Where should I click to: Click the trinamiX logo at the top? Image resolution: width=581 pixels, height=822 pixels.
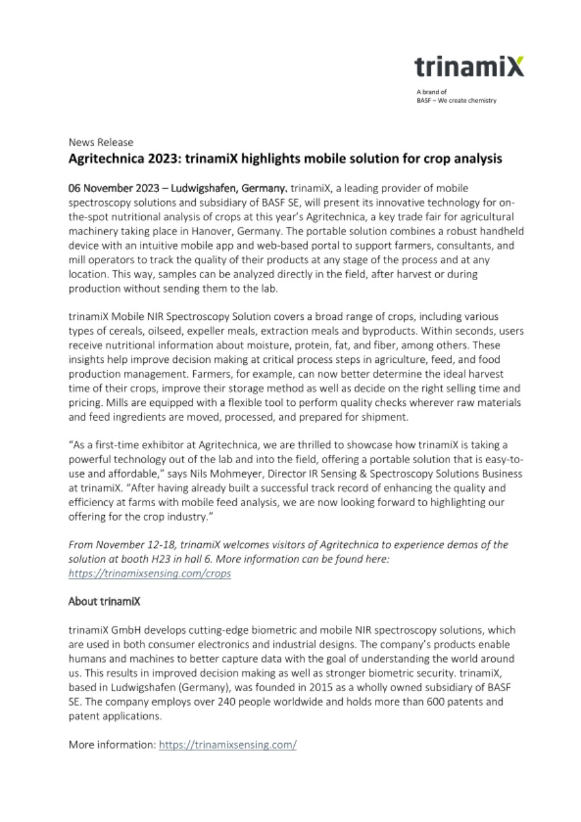(469, 66)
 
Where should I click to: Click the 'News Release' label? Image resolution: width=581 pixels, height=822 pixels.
(101, 142)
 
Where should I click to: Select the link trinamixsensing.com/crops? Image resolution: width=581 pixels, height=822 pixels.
(150, 573)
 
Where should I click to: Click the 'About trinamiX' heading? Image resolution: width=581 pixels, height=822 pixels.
(104, 602)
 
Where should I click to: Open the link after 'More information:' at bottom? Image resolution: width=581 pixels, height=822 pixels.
(227, 744)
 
